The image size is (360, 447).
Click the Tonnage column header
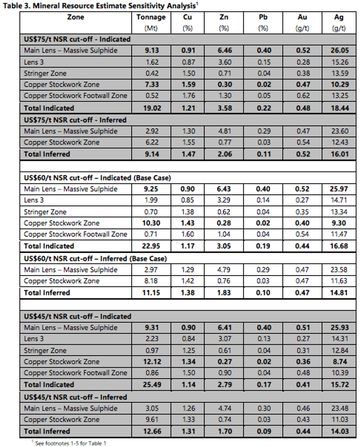tap(151, 17)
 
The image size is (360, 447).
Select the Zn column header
tap(223, 17)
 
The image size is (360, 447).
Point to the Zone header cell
tap(76, 17)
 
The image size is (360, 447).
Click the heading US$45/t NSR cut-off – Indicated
tap(78, 317)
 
